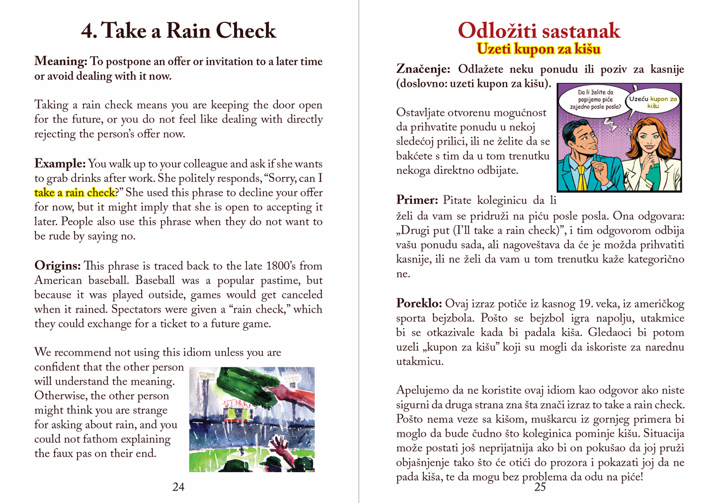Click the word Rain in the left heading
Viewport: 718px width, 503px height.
coord(188,31)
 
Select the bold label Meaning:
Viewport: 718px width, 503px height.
coord(61,61)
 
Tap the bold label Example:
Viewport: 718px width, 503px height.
coord(60,164)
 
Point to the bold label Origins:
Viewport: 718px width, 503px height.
coord(57,265)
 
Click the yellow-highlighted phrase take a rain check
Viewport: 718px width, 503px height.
coord(75,193)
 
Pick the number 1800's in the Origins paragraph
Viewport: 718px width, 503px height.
coord(281,265)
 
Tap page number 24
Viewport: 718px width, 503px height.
coord(178,487)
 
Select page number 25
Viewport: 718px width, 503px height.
coord(540,487)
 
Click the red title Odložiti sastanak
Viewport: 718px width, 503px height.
coord(539,31)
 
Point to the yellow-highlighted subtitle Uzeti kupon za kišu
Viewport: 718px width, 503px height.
coord(539,49)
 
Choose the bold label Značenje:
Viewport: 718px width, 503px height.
coord(423,69)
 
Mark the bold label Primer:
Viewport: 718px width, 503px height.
coord(417,200)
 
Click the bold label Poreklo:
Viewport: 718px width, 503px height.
coord(419,304)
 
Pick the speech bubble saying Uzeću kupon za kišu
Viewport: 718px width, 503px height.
coord(653,102)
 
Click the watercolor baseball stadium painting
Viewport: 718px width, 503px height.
coord(252,419)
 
